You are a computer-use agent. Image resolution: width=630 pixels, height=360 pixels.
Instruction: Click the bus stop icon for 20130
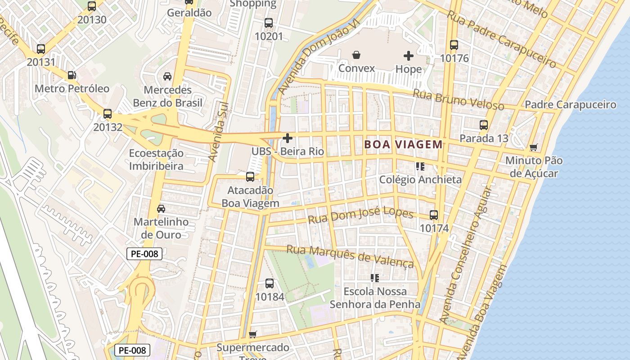92,6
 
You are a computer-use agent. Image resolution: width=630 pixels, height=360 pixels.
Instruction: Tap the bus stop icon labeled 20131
41,49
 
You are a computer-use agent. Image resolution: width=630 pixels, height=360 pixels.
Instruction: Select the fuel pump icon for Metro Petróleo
71,75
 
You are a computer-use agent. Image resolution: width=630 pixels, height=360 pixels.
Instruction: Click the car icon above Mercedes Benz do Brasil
167,76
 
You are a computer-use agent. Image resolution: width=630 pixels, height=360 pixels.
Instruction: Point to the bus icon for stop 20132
108,114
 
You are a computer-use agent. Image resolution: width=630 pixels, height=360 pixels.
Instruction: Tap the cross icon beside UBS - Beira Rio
288,138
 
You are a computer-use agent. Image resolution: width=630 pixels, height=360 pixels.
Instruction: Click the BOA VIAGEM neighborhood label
404,144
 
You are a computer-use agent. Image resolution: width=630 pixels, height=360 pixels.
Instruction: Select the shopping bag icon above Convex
356,55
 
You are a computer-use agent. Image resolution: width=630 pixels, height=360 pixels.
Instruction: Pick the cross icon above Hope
409,56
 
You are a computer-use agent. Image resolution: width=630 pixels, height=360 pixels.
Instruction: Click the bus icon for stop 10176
454,45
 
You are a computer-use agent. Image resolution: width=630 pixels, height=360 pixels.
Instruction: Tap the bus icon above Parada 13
484,125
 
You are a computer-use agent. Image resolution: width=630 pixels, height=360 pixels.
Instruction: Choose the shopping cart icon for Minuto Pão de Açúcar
534,147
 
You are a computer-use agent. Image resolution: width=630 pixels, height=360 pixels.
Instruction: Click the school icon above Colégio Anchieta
420,166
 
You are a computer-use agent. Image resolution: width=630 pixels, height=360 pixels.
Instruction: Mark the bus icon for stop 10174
434,215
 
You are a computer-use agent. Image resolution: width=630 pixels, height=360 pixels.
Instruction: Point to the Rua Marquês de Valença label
350,256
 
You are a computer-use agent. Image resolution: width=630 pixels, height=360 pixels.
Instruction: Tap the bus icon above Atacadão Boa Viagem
250,177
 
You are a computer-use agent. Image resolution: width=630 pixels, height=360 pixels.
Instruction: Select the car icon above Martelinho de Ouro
161,209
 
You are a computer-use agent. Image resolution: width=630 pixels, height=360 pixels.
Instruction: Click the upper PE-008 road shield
144,254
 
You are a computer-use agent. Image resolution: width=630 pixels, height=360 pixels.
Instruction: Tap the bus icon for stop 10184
270,283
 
